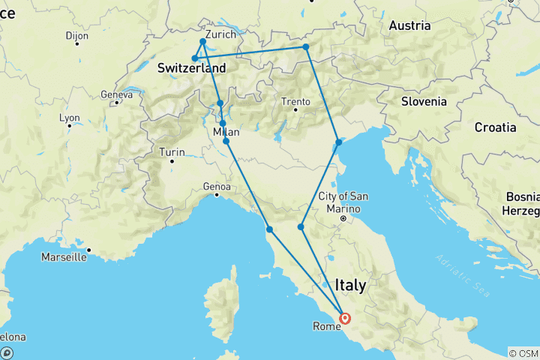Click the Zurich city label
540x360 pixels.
pos(220,34)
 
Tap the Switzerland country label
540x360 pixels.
pos(191,67)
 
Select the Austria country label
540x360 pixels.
pos(409,25)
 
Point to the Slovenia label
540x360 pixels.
pos(424,101)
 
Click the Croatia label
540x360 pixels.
pos(495,127)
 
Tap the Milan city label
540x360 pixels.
pos(226,133)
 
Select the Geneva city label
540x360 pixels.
pos(115,95)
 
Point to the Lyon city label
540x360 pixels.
pos(70,118)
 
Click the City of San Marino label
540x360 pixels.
pos(343,202)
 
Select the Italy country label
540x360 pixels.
pos(350,285)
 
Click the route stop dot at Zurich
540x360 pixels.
pos(203,41)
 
